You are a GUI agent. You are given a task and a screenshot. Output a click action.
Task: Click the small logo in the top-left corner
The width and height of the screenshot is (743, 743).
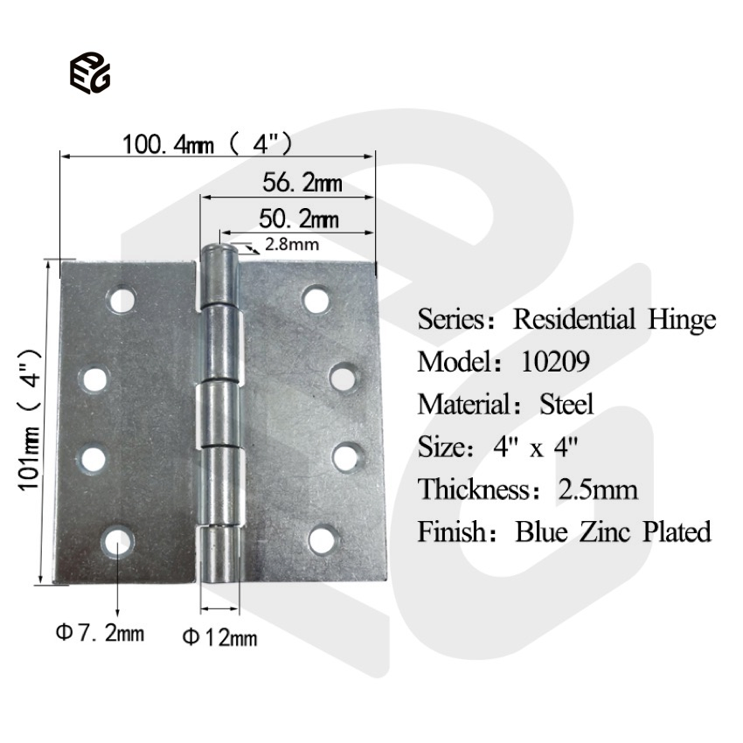(x=89, y=73)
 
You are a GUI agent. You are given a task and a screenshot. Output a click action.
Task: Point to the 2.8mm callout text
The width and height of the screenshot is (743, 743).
(x=291, y=244)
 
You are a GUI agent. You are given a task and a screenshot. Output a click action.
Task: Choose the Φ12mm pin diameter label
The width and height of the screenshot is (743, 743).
(x=219, y=637)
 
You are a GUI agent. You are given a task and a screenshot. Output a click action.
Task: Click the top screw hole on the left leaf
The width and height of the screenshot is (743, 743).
(x=122, y=302)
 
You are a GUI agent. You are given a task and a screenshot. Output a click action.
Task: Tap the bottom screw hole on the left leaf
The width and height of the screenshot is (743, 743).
(x=117, y=541)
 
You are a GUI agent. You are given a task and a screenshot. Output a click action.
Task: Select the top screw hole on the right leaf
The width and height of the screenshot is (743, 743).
(x=316, y=300)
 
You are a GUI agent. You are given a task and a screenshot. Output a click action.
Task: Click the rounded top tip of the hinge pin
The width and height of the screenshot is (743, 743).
(x=219, y=254)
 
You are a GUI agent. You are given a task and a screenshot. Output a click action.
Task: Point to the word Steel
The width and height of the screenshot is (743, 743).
(x=566, y=404)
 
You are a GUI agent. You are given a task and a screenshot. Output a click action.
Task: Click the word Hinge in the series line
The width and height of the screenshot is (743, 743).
(x=682, y=319)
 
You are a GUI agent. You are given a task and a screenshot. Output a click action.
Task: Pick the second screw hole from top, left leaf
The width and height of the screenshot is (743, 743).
(x=94, y=378)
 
